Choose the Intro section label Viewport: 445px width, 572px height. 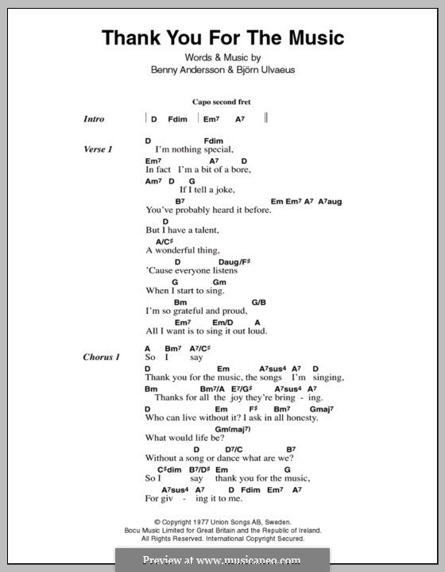[95, 119]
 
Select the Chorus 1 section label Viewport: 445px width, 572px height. [102, 357]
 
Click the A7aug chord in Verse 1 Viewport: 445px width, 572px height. [330, 202]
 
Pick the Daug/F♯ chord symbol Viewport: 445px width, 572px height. [234, 261]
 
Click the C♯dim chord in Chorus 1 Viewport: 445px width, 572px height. [156, 470]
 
